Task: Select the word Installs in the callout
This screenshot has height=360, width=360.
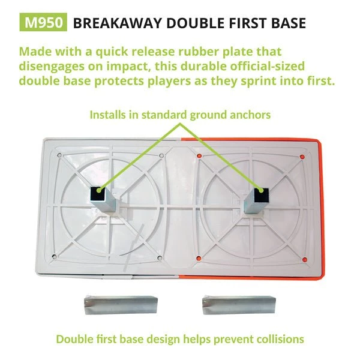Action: click(110, 114)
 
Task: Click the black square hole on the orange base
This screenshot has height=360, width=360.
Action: click(259, 194)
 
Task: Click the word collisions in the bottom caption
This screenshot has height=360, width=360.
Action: click(277, 339)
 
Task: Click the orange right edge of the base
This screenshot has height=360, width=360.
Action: click(320, 204)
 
